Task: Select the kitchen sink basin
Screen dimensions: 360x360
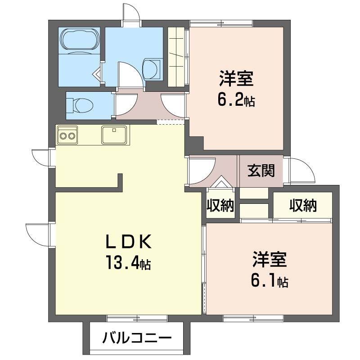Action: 114,134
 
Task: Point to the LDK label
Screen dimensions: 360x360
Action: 127,242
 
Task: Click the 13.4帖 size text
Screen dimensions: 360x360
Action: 127,262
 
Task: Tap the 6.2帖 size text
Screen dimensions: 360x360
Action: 236,100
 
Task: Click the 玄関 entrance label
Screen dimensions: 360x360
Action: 261,171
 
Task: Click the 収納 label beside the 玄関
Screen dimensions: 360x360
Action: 220,206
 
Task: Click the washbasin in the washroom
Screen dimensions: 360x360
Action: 151,69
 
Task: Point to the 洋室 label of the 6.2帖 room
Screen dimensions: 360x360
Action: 236,79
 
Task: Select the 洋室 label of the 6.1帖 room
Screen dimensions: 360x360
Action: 269,260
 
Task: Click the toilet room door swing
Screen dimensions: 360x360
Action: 123,105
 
